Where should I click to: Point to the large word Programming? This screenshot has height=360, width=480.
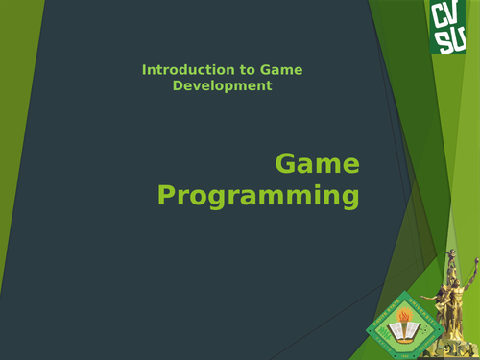coord(258,197)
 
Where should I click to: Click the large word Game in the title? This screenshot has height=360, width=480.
coord(318,164)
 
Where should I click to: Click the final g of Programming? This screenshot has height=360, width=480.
coord(348,201)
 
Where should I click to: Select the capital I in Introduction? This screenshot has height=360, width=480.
coord(144,70)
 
